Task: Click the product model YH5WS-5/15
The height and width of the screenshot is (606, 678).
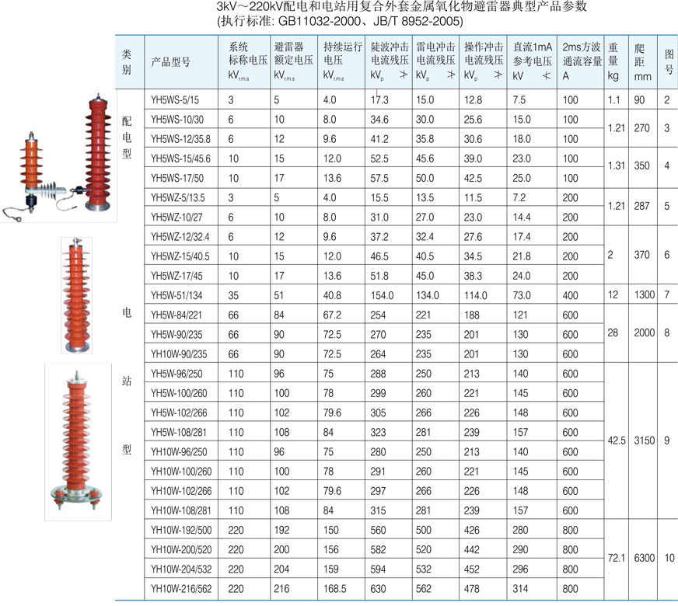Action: pyautogui.click(x=175, y=100)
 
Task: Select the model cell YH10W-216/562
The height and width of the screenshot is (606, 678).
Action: pyautogui.click(x=181, y=589)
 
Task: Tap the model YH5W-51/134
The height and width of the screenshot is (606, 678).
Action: pyautogui.click(x=176, y=295)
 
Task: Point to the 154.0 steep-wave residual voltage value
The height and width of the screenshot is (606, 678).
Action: pyautogui.click(x=382, y=295)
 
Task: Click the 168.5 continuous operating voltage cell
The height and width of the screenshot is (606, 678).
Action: pyautogui.click(x=334, y=589)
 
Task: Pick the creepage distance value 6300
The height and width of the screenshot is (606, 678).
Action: pyautogui.click(x=645, y=558)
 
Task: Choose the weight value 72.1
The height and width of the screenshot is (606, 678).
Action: pyautogui.click(x=616, y=558)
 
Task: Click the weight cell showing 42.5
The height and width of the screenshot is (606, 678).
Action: pyautogui.click(x=616, y=441)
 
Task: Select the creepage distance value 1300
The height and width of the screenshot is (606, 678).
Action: pyautogui.click(x=645, y=295)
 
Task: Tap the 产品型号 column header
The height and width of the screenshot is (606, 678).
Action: pyautogui.click(x=171, y=62)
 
